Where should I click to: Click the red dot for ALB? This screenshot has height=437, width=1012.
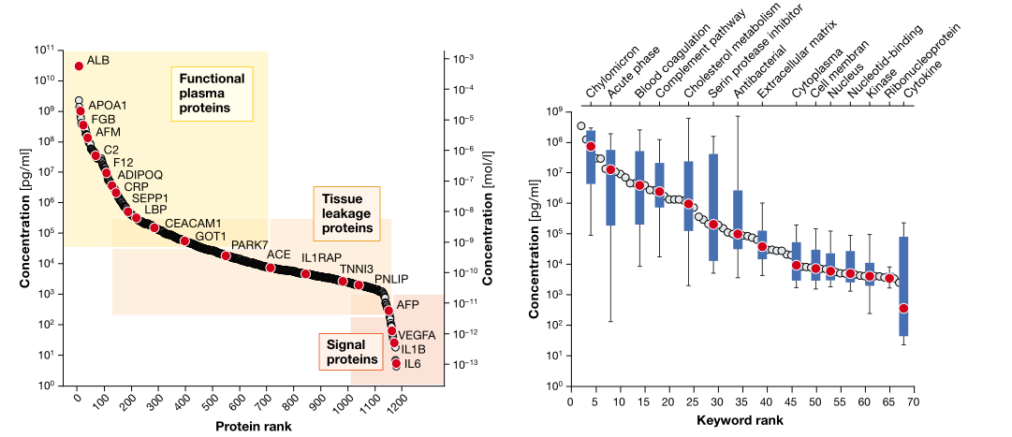(x=79, y=66)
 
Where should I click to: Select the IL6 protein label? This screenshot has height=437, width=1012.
(x=413, y=364)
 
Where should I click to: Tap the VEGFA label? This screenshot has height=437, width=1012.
(x=416, y=334)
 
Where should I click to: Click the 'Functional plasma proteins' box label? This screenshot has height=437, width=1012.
(x=212, y=94)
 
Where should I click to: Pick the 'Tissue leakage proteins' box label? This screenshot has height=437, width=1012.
(x=346, y=213)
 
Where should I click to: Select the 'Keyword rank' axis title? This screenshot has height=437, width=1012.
(x=741, y=420)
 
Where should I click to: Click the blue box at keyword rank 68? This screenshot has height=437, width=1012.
(x=903, y=285)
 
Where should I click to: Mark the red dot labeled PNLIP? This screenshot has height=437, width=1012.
(x=359, y=285)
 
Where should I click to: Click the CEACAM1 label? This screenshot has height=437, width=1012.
(x=192, y=224)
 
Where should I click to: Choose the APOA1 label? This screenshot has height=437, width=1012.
(x=108, y=105)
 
